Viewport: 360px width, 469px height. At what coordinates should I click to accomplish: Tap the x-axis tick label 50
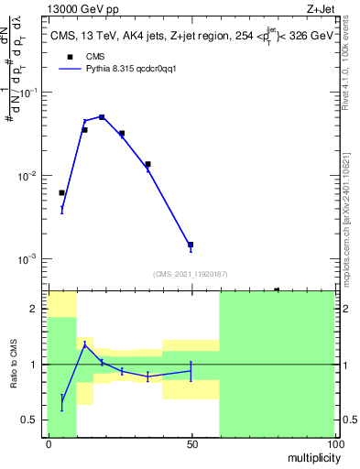191,443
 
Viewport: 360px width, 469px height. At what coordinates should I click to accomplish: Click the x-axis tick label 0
49,443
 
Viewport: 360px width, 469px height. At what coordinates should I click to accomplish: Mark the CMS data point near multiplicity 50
191,245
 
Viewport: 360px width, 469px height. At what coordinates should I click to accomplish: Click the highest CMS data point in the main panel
102,117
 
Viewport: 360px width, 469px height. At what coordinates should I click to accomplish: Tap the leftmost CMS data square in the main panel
61,193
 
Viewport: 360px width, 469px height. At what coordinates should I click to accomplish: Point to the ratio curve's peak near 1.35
84,344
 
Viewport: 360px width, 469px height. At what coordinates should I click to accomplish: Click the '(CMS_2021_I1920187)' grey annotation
191,274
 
